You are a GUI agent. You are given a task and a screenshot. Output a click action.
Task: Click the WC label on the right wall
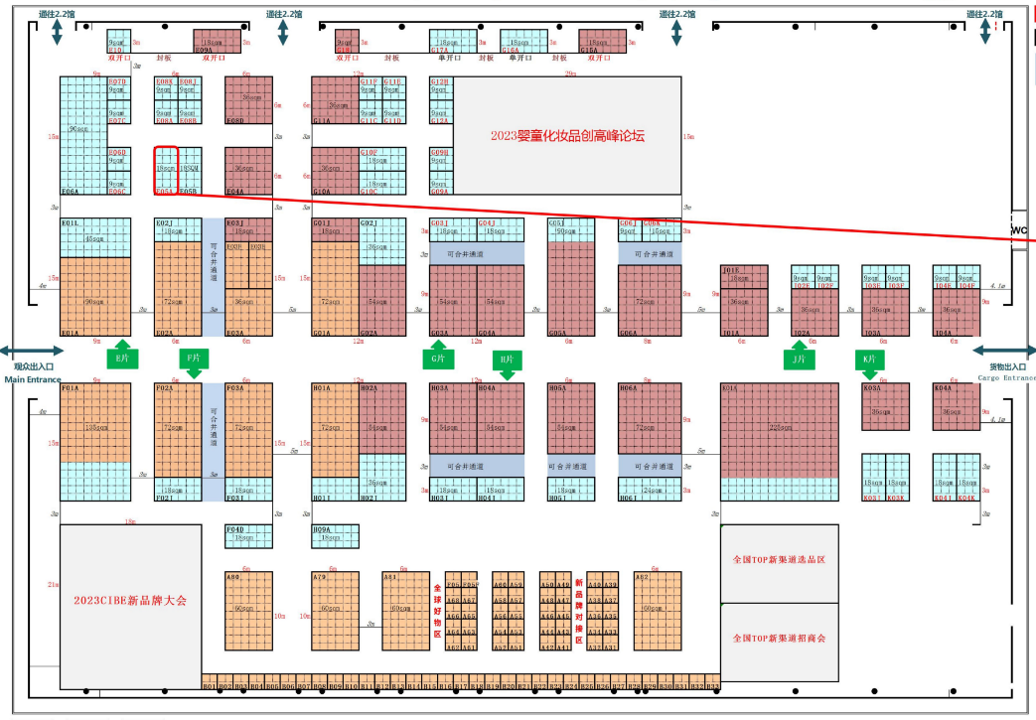tap(1018, 230)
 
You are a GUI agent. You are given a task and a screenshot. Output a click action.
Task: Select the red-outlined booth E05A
tap(166, 170)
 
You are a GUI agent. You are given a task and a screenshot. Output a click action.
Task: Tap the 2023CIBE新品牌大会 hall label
tap(130, 600)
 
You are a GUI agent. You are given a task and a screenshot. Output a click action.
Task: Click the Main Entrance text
tap(32, 378)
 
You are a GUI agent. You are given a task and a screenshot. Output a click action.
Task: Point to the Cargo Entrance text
tap(1005, 377)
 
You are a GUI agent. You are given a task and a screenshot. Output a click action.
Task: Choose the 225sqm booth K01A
tap(779, 429)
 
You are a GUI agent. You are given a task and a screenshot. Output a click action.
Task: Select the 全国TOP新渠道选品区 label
tap(779, 560)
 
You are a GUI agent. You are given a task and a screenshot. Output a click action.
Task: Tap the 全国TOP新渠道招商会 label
tap(779, 638)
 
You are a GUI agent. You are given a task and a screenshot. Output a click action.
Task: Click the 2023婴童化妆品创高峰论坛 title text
tap(567, 136)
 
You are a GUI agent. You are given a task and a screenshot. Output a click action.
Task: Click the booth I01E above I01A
tap(744, 277)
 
